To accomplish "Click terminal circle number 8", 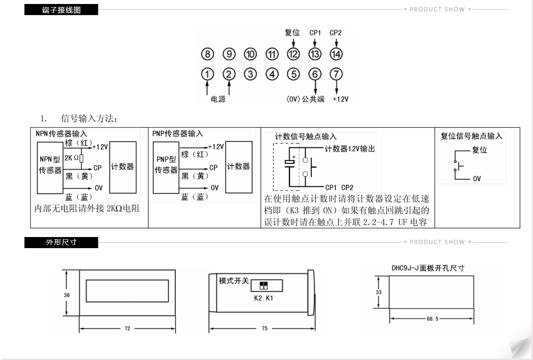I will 207,54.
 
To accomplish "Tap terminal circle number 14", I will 336,54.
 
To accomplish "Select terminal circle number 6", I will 315,74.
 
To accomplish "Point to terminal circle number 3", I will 251,74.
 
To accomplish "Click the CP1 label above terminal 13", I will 315,33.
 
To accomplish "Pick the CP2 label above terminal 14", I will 335,33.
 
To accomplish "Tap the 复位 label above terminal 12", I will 292,33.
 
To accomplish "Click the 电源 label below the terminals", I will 218,99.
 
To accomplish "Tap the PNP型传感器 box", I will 166,167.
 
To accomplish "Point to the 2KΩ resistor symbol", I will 81,158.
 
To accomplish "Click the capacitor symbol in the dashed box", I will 290,163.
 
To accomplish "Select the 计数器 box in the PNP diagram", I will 239,167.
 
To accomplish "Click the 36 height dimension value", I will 67,295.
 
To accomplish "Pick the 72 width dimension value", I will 127,329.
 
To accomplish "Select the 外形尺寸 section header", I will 61,242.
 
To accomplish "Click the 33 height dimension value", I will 378,293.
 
